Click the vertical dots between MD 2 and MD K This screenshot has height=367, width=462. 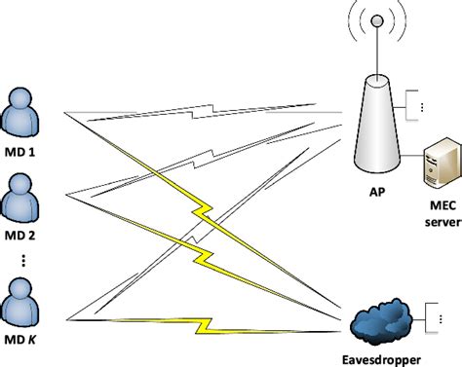[x=22, y=260]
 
